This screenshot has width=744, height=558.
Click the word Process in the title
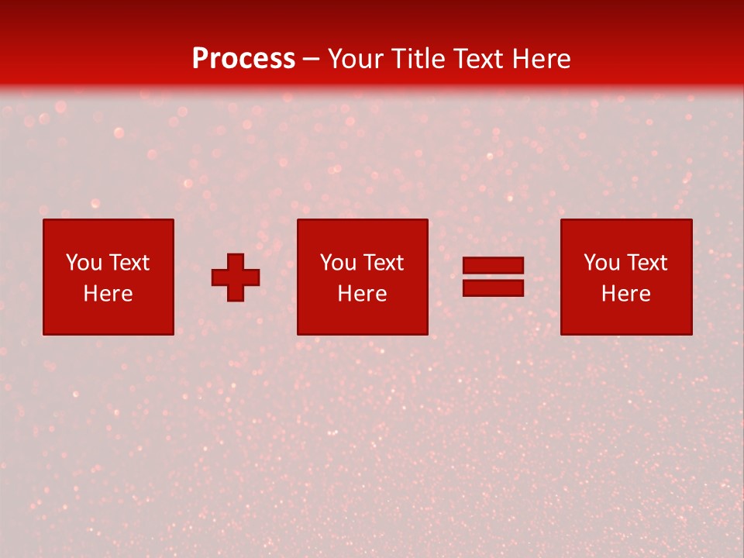[x=243, y=59]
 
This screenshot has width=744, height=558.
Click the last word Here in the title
[x=542, y=59]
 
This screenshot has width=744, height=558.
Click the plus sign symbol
[x=236, y=277]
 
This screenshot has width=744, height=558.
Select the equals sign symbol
[x=493, y=277]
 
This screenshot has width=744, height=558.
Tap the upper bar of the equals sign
[x=493, y=266]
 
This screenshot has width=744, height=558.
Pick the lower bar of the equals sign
[x=493, y=288]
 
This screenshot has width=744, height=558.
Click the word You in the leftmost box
[x=84, y=263]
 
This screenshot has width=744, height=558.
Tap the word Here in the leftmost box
[x=108, y=294]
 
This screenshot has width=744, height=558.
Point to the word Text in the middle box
[x=383, y=263]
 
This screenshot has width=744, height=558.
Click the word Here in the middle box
[x=362, y=294]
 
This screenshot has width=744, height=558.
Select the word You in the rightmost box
[x=601, y=263]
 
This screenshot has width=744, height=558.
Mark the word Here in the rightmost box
[x=625, y=294]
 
